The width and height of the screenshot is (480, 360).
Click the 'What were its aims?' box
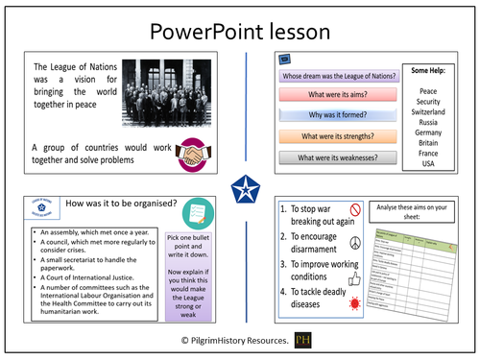pyautogui.click(x=338, y=96)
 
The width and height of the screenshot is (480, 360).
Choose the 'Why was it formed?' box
pyautogui.click(x=338, y=116)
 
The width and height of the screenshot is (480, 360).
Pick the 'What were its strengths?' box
pyautogui.click(x=338, y=136)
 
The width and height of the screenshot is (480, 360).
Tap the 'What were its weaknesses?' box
pyautogui.click(x=338, y=157)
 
